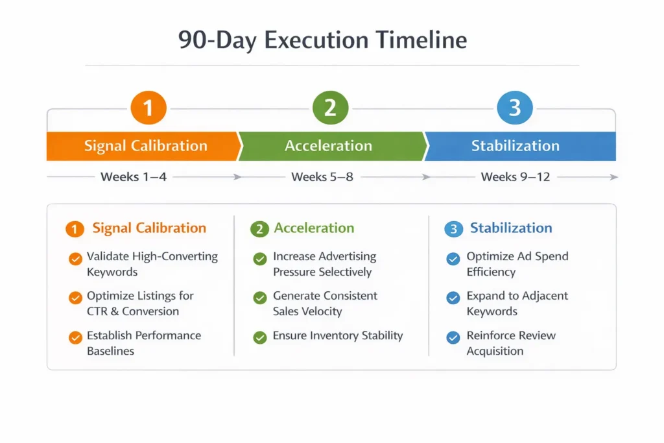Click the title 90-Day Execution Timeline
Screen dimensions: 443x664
pos(322,40)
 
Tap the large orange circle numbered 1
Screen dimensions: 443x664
pos(148,108)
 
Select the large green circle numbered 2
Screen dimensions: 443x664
pos(330,108)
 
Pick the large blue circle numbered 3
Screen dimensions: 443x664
pos(514,108)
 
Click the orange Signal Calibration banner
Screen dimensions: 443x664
pos(145,146)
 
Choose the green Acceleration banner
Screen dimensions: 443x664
pos(329,146)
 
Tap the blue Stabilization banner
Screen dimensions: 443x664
pos(516,146)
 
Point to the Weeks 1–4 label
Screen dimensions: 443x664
pos(134,176)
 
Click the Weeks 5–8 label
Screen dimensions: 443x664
pos(322,176)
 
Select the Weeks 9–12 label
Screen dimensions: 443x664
pos(516,176)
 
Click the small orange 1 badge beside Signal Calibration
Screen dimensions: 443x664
pos(75,229)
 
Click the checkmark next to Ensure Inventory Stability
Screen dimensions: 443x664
pos(260,337)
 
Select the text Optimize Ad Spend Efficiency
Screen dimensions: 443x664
pos(517,264)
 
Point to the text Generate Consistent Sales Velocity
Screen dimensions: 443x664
pos(325,304)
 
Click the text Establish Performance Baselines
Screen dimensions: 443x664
pos(144,343)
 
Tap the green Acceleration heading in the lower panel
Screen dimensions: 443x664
pos(314,228)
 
